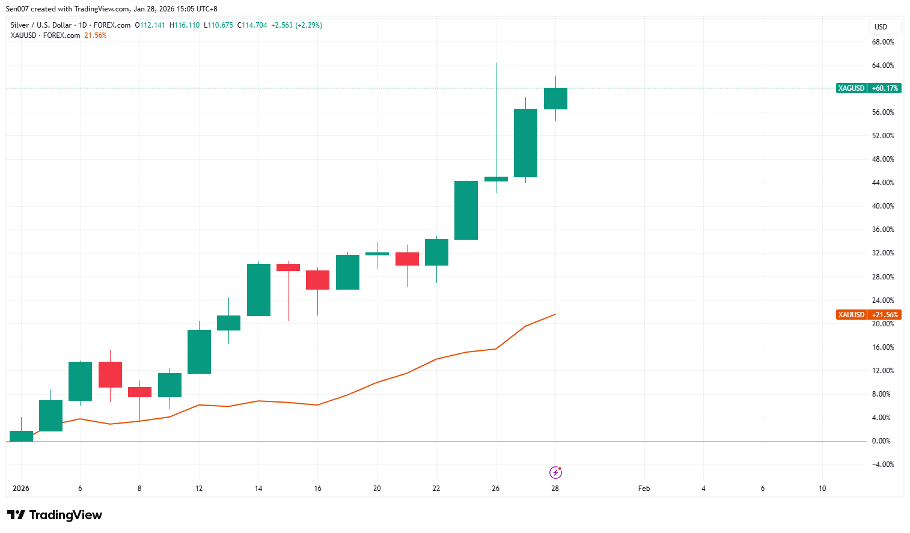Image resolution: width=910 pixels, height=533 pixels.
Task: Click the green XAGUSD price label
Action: (x=868, y=88)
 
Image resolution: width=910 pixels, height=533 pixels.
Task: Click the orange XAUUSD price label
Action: (x=868, y=315)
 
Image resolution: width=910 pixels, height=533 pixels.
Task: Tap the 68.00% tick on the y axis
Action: (x=882, y=42)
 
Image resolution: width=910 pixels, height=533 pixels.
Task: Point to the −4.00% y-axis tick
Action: (x=882, y=464)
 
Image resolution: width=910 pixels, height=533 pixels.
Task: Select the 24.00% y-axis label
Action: (x=882, y=300)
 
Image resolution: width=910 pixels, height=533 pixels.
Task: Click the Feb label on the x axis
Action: (x=644, y=489)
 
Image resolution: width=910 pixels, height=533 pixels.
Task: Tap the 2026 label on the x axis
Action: (x=21, y=489)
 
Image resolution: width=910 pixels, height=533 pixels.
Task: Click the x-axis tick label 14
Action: (x=258, y=489)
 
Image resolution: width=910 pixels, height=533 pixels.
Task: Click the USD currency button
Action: (x=881, y=27)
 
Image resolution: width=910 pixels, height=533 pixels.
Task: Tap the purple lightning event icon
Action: (x=556, y=472)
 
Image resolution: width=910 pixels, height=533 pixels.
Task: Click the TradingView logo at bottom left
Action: (x=55, y=515)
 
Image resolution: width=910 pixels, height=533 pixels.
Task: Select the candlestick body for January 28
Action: (x=555, y=99)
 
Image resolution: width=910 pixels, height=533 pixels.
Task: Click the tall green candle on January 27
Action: (x=525, y=143)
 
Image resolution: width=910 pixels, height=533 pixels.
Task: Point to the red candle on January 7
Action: (x=110, y=374)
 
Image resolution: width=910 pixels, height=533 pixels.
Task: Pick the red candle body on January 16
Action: (x=317, y=280)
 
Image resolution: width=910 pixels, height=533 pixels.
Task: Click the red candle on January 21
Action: (x=407, y=259)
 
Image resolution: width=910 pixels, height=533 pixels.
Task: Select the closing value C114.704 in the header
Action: (x=252, y=25)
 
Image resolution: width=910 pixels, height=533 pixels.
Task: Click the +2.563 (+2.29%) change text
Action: (x=296, y=25)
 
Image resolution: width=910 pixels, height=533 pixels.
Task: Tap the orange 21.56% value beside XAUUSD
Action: (x=95, y=35)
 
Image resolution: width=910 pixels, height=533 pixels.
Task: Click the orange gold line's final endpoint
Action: (x=555, y=314)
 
